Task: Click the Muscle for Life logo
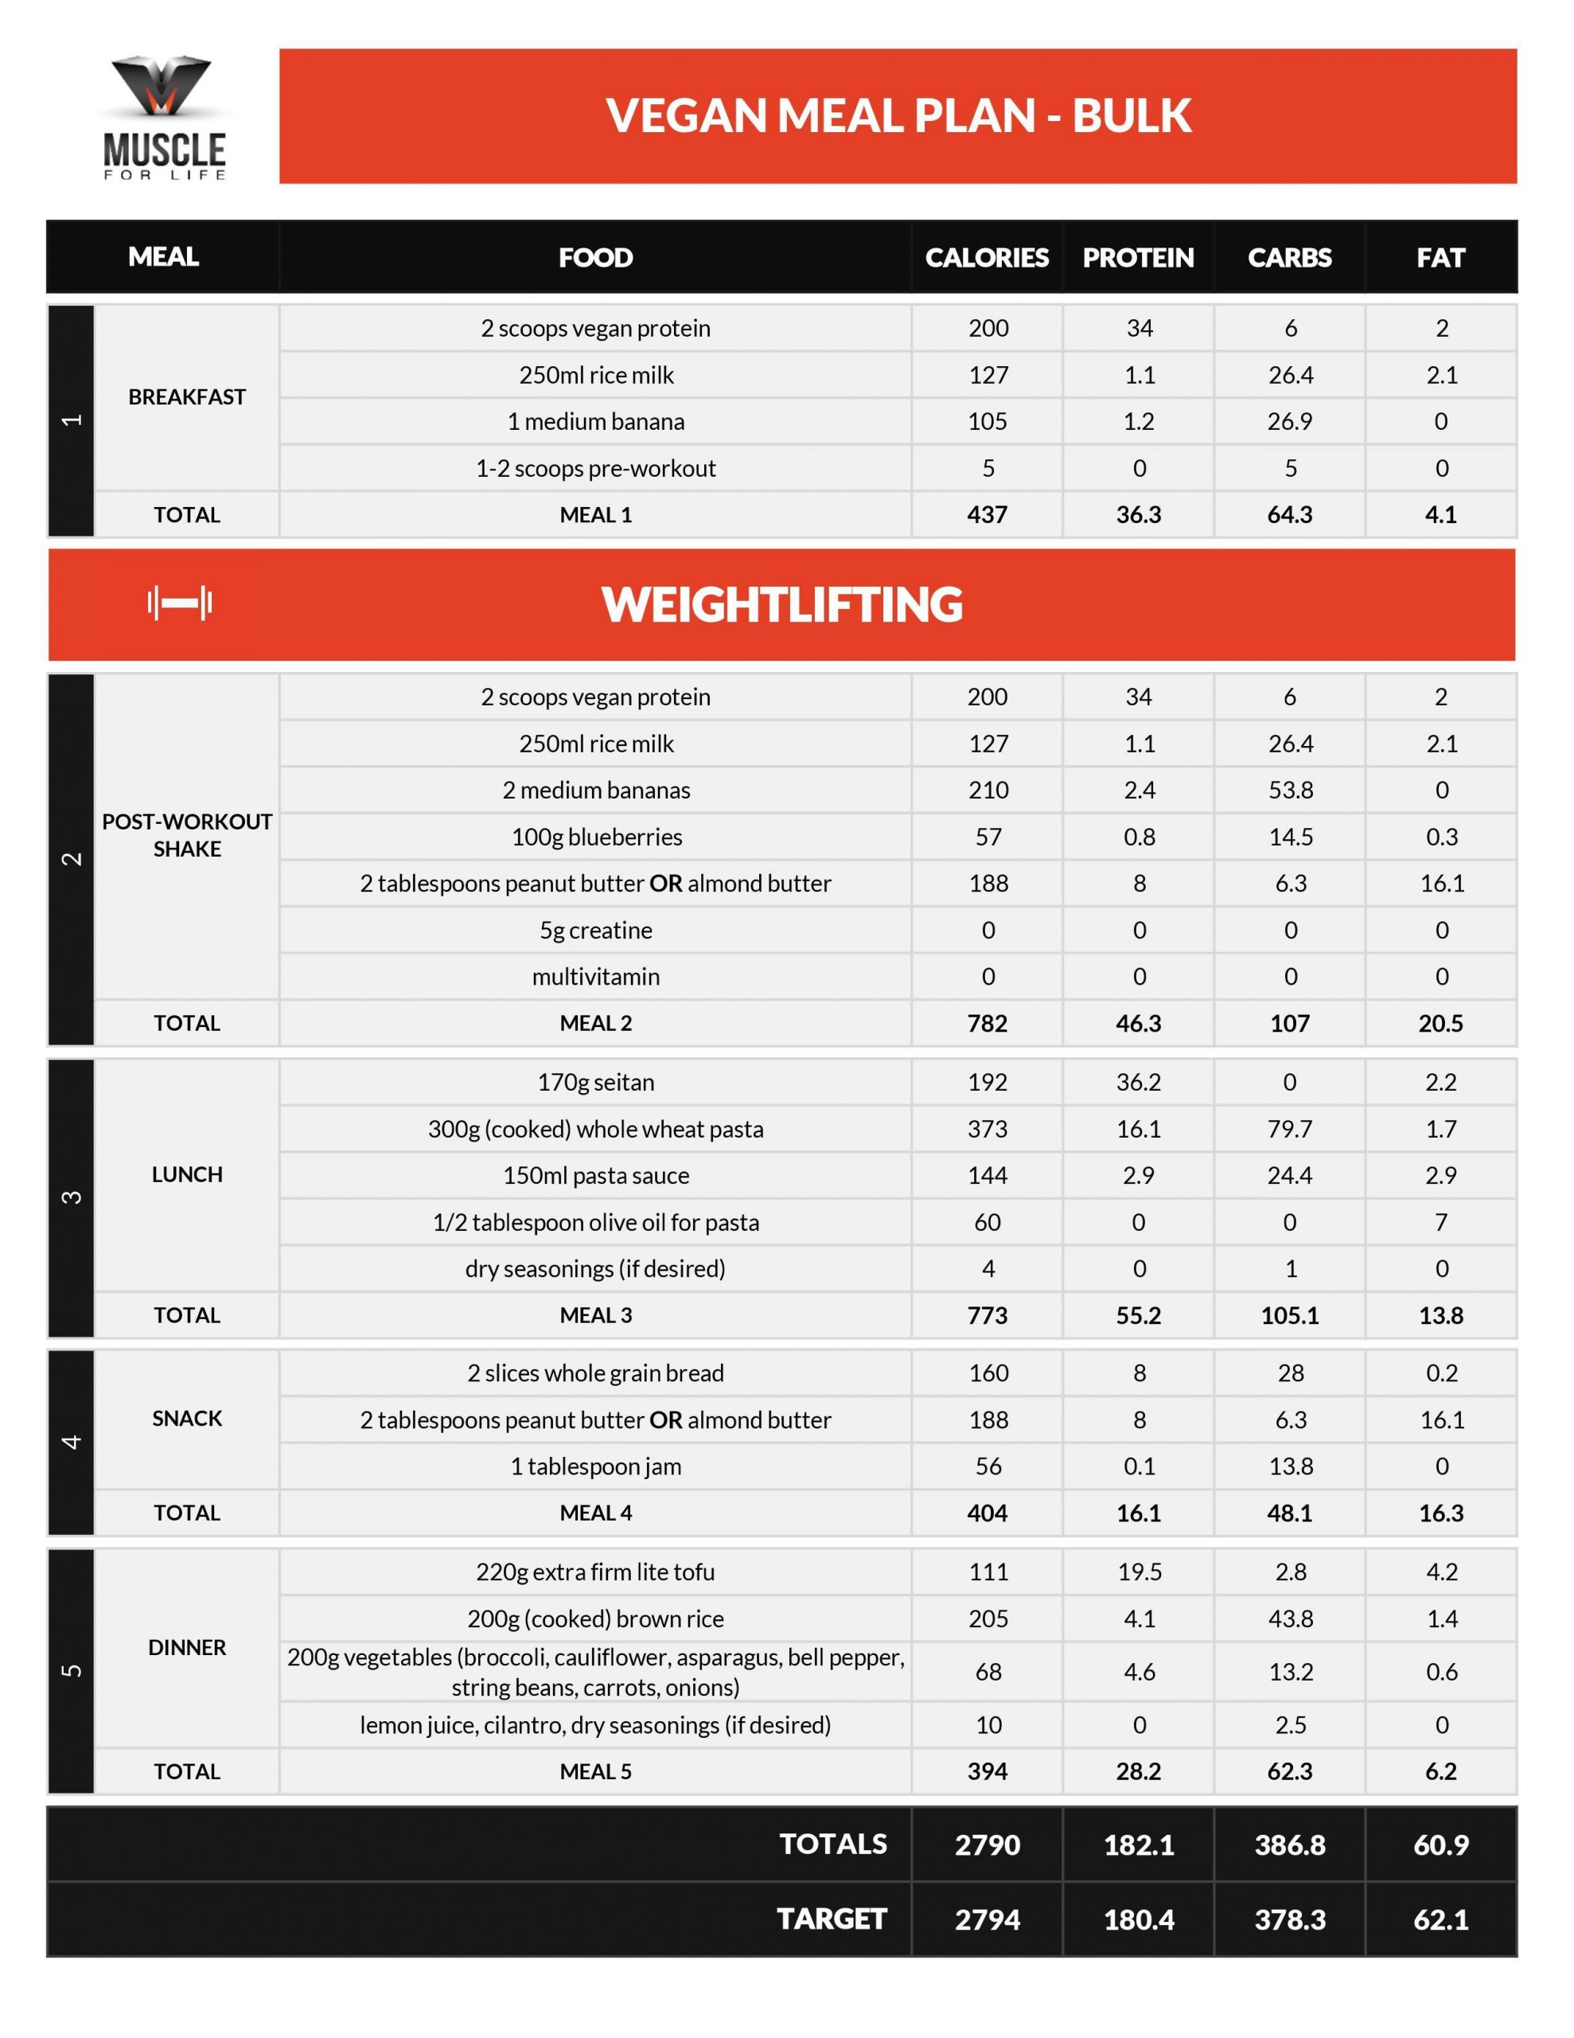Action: [x=164, y=117]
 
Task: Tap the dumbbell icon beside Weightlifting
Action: [x=179, y=603]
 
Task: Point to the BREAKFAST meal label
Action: [x=186, y=396]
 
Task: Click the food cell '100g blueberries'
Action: [x=596, y=837]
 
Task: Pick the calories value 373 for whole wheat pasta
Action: [x=988, y=1129]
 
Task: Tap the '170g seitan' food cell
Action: [x=596, y=1083]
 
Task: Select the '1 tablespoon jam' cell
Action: [x=596, y=1466]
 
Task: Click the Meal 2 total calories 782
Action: [x=988, y=1024]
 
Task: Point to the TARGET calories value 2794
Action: [x=988, y=1919]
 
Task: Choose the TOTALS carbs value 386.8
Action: [x=1289, y=1845]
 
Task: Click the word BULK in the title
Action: [x=1131, y=115]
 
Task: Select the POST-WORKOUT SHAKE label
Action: [x=186, y=835]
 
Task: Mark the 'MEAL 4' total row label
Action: [x=596, y=1513]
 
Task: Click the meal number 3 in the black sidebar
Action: [x=71, y=1197]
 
